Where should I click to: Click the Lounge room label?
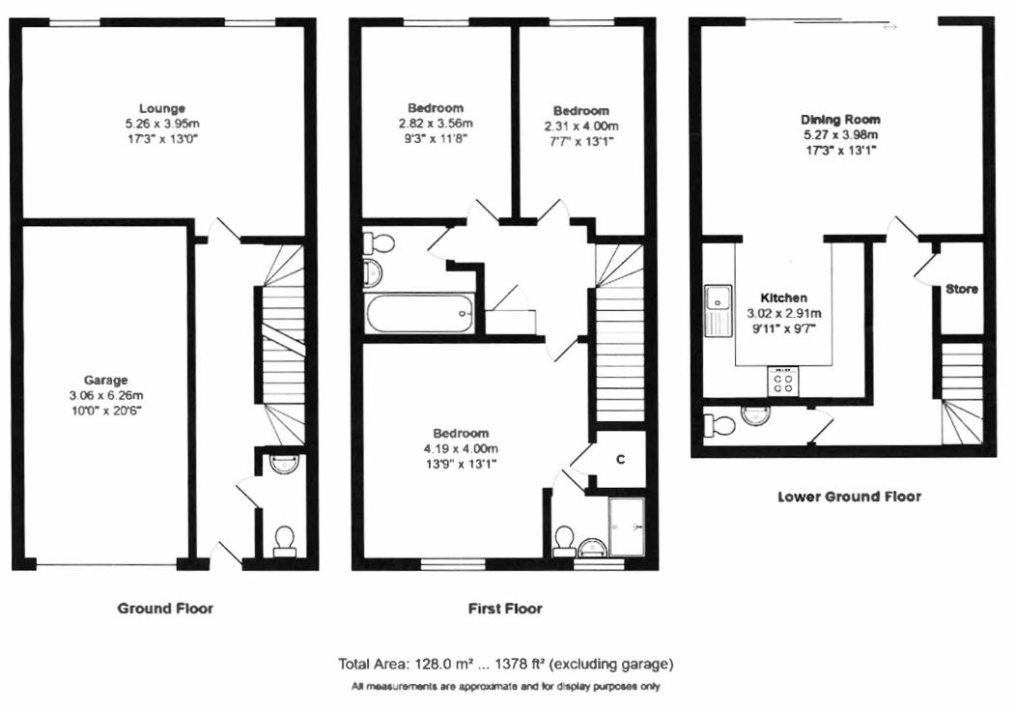[161, 108]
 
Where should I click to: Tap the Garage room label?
[106, 381]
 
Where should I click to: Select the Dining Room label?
[840, 119]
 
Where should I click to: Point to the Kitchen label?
[783, 298]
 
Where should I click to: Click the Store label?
[961, 289]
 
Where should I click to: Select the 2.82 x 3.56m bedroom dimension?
[435, 124]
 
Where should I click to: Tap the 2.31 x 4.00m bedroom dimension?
[581, 127]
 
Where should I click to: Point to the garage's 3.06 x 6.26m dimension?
[106, 395]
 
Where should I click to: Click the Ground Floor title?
[165, 609]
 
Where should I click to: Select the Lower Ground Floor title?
[849, 497]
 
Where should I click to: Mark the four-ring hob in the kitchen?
[782, 382]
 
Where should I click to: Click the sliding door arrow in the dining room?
[889, 27]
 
